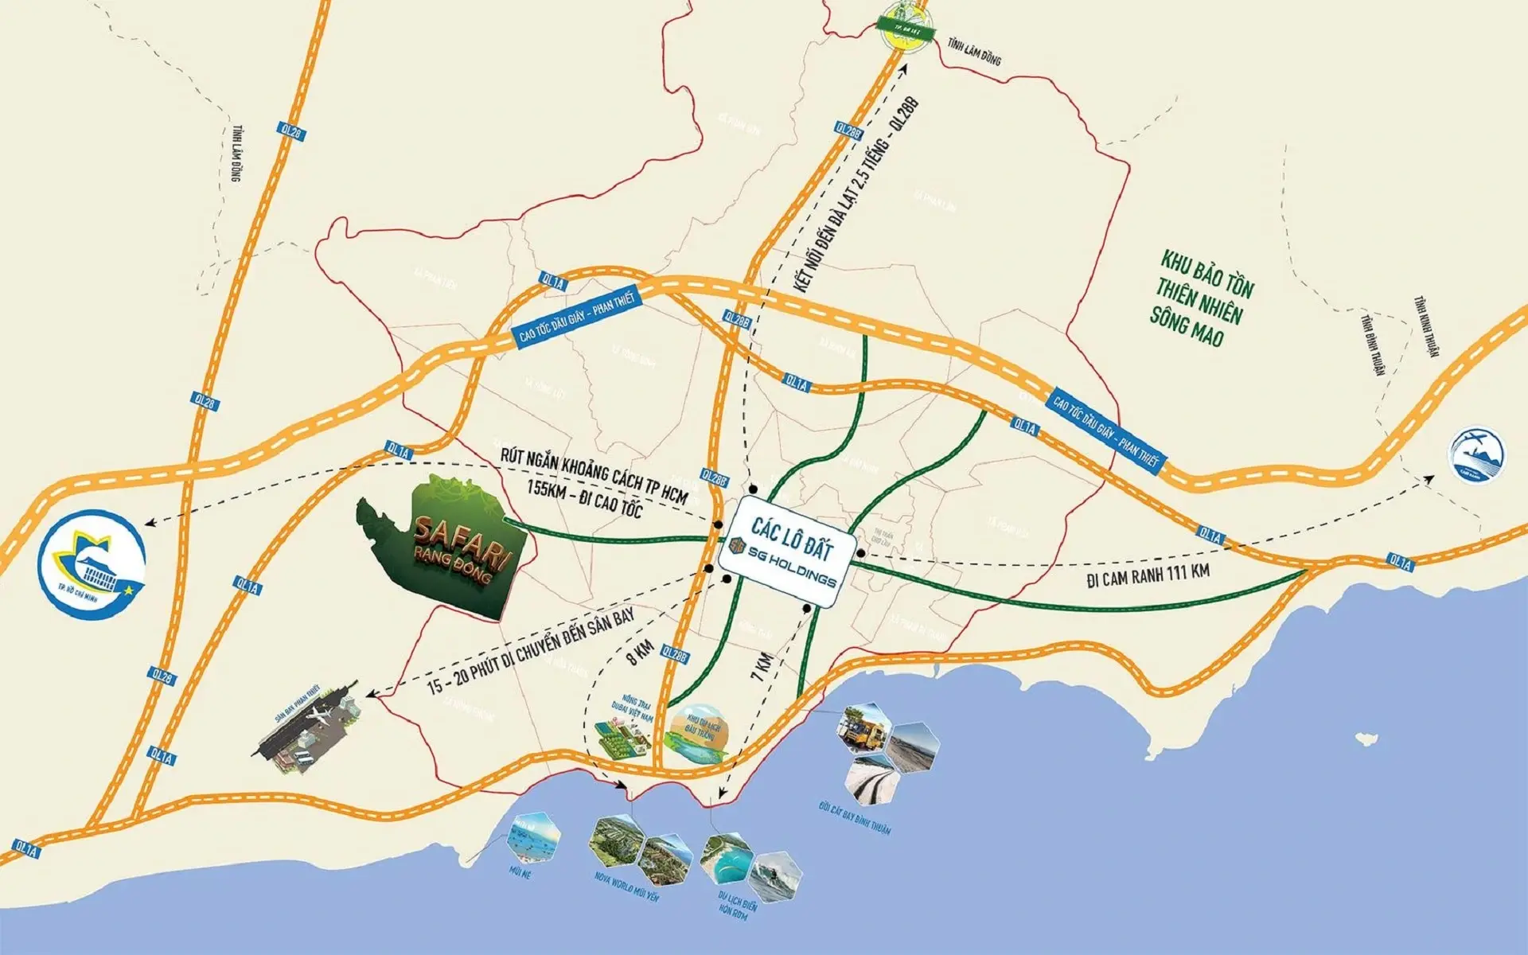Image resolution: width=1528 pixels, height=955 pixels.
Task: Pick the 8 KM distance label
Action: click(x=641, y=653)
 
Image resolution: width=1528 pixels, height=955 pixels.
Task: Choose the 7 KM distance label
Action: click(x=762, y=667)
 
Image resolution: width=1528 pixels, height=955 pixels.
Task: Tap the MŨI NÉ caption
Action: click(x=520, y=873)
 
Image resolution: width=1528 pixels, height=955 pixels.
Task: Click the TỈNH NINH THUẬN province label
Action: click(x=1426, y=326)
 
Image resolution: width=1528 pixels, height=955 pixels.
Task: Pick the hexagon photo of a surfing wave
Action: click(x=775, y=875)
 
